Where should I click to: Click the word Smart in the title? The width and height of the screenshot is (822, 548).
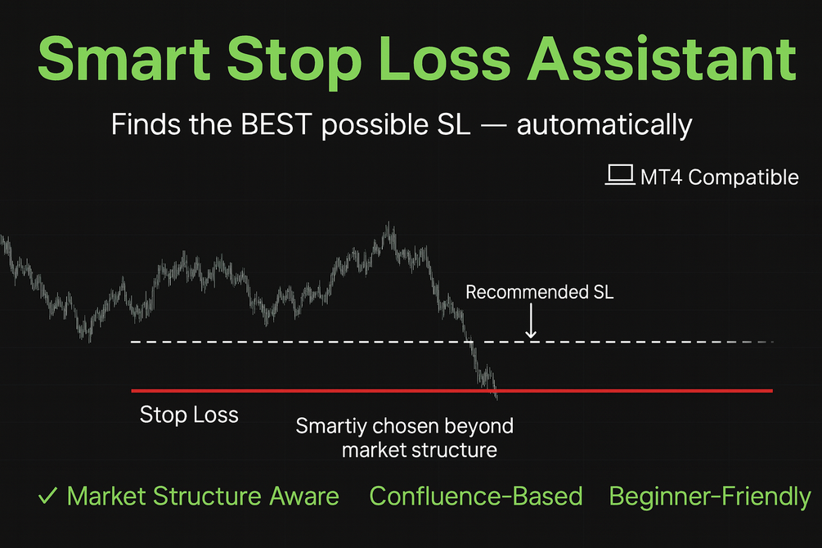tap(124, 59)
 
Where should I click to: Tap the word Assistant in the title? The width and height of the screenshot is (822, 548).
tap(662, 59)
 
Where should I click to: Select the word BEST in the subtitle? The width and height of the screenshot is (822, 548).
tap(276, 125)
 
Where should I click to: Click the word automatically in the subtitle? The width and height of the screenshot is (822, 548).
tap(604, 126)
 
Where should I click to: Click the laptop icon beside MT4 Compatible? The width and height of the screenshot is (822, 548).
tap(620, 175)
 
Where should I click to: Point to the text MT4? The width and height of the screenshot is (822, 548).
tap(661, 177)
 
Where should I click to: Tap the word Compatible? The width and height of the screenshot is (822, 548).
tap(743, 177)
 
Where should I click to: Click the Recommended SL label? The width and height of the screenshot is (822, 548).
tap(540, 292)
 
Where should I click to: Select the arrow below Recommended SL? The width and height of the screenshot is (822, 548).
tap(531, 321)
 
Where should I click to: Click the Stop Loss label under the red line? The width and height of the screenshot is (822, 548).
tap(189, 415)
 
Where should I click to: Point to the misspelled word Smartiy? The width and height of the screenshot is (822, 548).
tap(330, 426)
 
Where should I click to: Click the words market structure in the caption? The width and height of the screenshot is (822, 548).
tap(420, 450)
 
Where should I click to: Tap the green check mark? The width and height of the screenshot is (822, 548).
tap(47, 496)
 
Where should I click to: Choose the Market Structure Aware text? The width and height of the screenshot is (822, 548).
tap(203, 496)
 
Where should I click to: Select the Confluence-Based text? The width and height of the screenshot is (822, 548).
tap(476, 496)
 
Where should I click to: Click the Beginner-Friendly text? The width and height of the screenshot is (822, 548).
tap(710, 496)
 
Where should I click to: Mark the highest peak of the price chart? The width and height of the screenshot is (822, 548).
tap(389, 223)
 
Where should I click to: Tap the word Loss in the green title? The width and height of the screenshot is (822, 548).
tap(444, 59)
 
